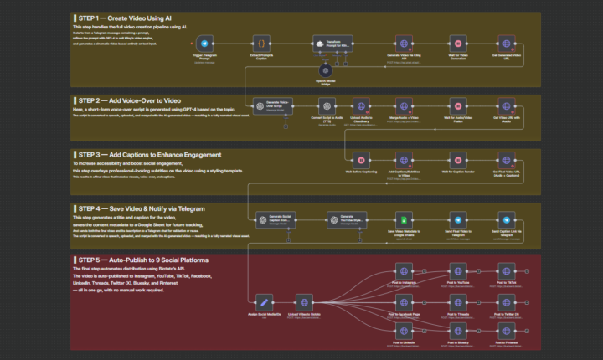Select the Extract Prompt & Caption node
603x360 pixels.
point(262,43)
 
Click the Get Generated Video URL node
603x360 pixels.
point(508,43)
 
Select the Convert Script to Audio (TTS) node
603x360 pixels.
point(326,105)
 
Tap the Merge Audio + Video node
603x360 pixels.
point(404,105)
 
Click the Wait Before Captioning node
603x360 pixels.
point(360,159)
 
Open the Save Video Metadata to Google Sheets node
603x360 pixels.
point(404,219)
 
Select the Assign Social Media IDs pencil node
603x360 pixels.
point(263,302)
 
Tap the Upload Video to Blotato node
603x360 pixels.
point(305,302)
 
